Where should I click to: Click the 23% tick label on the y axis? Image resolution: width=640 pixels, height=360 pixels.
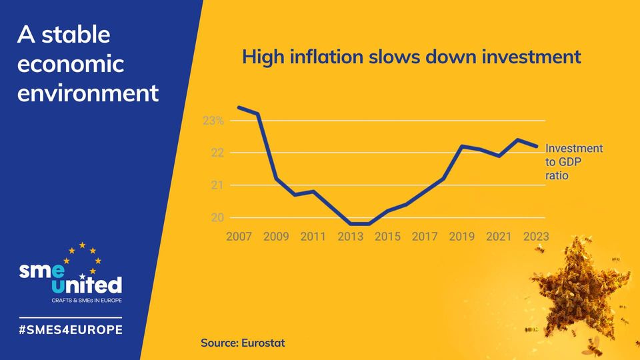tap(213, 121)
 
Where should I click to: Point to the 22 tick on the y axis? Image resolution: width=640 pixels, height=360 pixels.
tap(217, 153)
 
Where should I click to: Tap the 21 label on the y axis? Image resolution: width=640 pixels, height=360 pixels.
tap(217, 185)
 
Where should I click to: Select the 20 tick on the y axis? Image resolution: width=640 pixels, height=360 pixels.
tap(217, 218)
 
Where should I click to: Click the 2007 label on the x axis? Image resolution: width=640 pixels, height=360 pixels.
tap(238, 237)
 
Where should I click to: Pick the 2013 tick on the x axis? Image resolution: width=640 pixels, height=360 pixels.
tap(350, 237)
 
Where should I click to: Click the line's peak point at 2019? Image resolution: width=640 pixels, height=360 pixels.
tap(461, 145)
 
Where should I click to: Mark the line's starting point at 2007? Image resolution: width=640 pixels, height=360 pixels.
tap(239, 107)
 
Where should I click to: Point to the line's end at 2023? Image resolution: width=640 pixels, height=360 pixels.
tap(537, 146)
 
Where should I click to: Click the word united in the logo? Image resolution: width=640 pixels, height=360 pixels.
tap(87, 285)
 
